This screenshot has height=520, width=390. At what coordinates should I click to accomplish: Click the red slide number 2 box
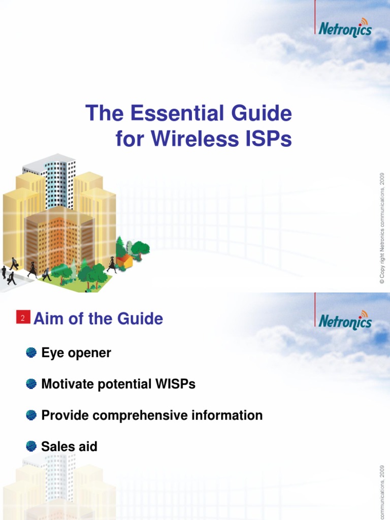click(23, 318)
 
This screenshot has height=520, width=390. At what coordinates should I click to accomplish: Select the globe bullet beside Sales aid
click(31, 446)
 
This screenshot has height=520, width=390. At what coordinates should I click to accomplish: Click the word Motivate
click(67, 384)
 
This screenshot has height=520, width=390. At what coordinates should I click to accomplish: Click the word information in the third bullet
click(227, 415)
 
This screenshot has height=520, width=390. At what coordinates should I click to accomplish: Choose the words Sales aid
click(69, 446)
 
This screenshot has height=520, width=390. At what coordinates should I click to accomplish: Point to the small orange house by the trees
click(124, 261)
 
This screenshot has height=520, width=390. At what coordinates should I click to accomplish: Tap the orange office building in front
click(58, 239)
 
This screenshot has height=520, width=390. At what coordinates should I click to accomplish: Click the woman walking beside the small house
click(111, 265)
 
